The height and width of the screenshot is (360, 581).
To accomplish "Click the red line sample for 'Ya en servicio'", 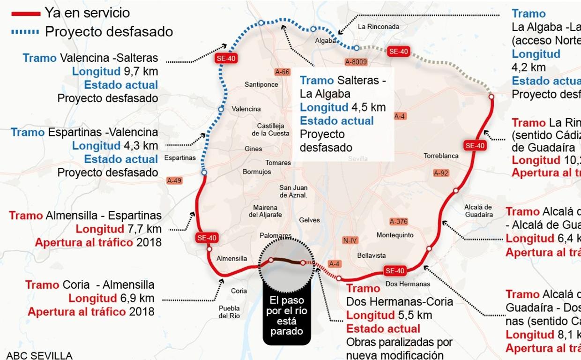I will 25,13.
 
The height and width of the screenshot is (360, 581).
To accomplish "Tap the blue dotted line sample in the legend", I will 25,32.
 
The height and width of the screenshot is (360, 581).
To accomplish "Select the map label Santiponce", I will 261,85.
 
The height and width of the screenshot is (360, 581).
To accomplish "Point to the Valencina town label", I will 246,109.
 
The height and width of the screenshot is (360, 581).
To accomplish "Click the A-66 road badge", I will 283,72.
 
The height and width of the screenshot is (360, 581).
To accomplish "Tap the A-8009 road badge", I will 356,62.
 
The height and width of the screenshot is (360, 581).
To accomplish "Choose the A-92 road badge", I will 441,173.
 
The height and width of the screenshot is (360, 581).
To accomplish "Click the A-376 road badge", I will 398,222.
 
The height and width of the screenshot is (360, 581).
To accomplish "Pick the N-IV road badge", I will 350,240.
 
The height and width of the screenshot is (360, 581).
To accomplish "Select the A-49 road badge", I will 174,180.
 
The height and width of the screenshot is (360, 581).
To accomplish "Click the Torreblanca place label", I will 441,156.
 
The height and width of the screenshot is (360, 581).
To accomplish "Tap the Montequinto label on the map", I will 395,235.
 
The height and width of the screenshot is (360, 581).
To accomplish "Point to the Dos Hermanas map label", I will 407,284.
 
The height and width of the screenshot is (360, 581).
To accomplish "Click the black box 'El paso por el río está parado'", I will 286,315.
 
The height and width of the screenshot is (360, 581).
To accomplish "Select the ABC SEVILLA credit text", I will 39,355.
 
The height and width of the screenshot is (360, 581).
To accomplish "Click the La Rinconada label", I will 378,27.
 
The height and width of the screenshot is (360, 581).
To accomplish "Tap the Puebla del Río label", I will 229,312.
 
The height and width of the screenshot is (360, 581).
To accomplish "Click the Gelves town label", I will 309,220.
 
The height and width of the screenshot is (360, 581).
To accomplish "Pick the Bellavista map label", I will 372,255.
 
